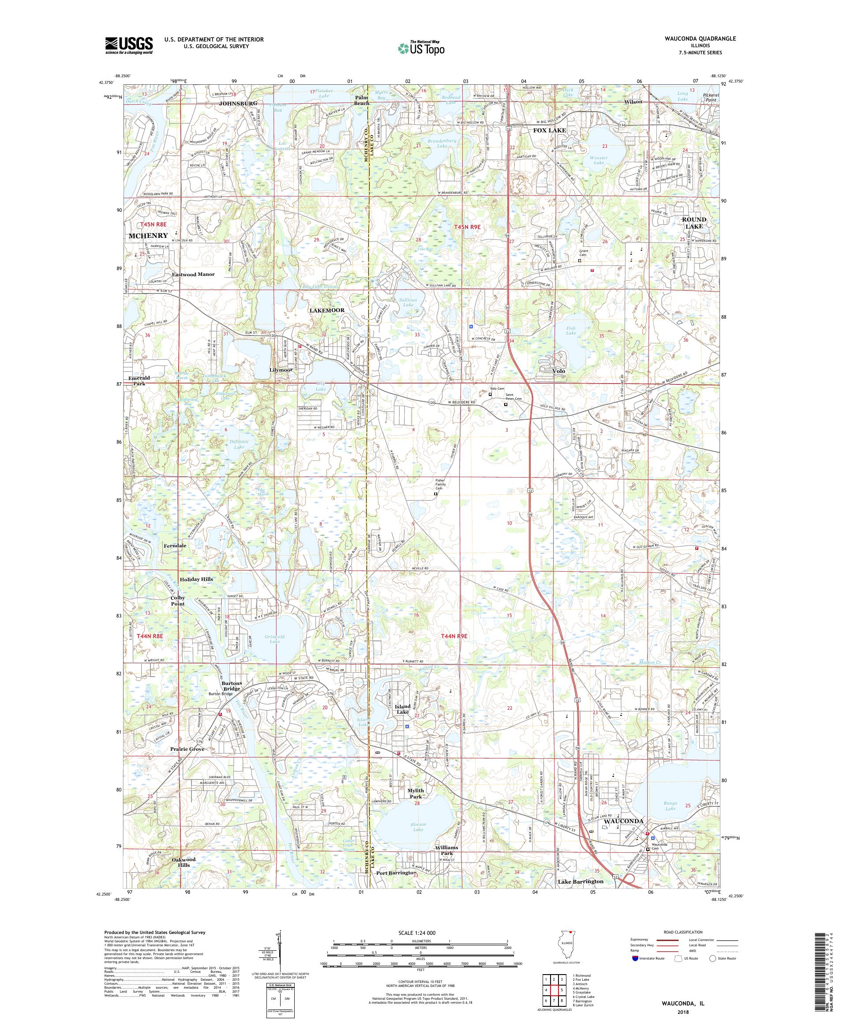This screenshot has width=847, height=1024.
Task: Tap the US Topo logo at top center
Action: coord(422,48)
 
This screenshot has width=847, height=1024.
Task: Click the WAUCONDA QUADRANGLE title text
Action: coord(709,38)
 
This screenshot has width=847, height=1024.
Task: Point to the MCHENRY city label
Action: coord(148,236)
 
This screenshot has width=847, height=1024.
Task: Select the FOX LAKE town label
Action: coord(549,130)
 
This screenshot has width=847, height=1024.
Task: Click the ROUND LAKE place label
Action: coord(693,223)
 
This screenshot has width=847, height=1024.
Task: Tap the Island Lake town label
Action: coord(402,709)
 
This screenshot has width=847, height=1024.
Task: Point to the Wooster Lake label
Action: coord(599,160)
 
